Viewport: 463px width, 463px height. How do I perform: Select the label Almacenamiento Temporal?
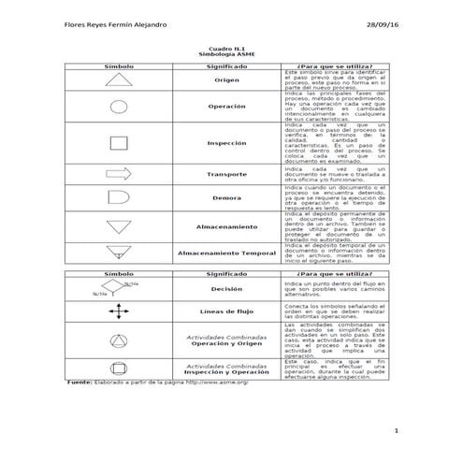point(225,253)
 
